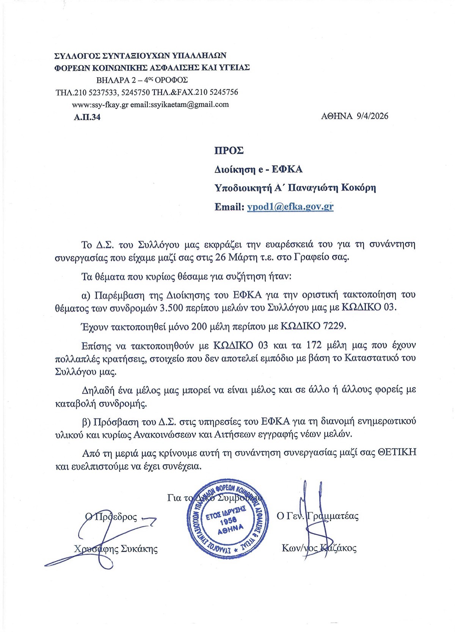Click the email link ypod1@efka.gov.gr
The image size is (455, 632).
290,207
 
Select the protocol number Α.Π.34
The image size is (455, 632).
87,117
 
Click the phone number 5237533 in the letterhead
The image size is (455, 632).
102,93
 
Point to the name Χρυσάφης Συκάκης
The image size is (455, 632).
116,549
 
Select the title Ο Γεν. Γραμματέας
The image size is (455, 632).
318,516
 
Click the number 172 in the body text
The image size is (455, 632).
314,345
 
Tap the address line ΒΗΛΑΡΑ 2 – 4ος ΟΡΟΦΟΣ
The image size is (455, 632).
142,80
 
